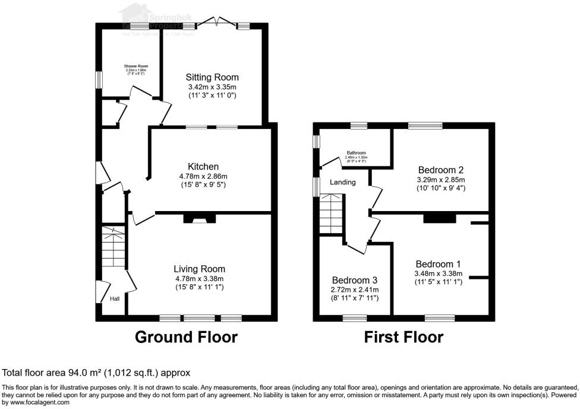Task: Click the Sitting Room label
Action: [212, 77]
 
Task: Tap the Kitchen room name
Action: [203, 166]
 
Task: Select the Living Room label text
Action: [199, 269]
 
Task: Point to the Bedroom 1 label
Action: [438, 264]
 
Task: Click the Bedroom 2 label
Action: [440, 168]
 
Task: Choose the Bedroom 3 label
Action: [355, 280]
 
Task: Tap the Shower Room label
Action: [136, 66]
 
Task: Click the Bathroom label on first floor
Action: [356, 153]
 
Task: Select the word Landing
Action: [343, 182]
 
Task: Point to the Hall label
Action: [114, 299]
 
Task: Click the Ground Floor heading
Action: [186, 337]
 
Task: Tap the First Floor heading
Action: [404, 337]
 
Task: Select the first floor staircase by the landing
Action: [332, 215]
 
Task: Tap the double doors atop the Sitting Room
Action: [216, 23]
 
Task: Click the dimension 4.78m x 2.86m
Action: [203, 177]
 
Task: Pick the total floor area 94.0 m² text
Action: [96, 373]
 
